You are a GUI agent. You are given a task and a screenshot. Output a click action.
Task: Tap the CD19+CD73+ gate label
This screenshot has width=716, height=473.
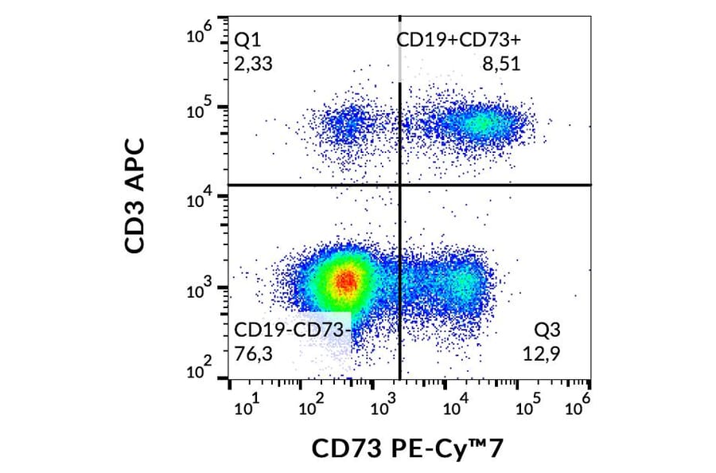click(x=458, y=41)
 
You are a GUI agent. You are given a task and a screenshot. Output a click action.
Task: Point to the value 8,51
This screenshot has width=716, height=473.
click(x=501, y=64)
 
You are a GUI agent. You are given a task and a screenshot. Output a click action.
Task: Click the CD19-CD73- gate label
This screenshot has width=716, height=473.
click(x=291, y=330)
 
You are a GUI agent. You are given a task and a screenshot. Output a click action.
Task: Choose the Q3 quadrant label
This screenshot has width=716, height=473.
click(x=551, y=330)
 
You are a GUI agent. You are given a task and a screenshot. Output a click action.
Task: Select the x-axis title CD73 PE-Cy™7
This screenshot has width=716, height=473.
click(x=408, y=449)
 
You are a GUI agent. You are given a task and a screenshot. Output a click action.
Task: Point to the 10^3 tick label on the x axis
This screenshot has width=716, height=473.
click(x=383, y=408)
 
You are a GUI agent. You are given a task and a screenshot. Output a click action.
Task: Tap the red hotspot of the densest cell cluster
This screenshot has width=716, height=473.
click(x=344, y=280)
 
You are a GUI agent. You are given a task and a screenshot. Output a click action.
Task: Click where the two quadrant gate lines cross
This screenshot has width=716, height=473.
click(x=399, y=185)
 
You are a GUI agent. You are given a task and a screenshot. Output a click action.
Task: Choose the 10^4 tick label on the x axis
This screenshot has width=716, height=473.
click(x=453, y=408)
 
